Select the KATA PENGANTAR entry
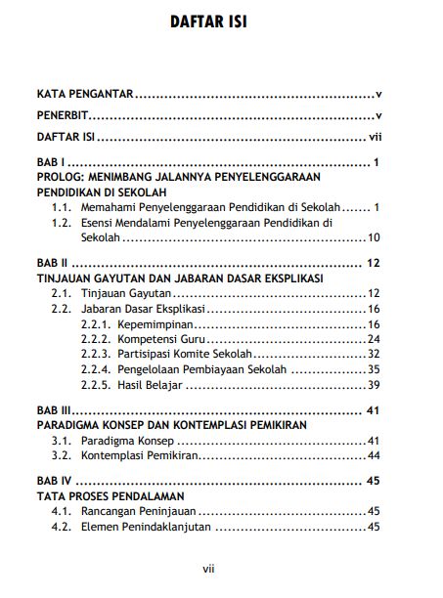click(x=83, y=95)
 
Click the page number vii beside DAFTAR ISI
click(x=374, y=138)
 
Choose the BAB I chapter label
click(x=50, y=162)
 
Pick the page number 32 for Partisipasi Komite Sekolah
click(x=373, y=353)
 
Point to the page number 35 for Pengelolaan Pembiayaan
click(x=373, y=368)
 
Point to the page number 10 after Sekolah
click(x=373, y=237)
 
